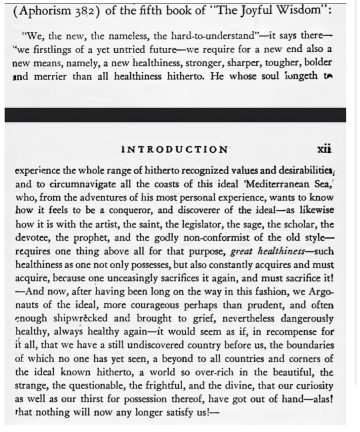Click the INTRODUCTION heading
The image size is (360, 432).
[x=174, y=149]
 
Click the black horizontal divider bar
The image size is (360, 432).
[x=175, y=115]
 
